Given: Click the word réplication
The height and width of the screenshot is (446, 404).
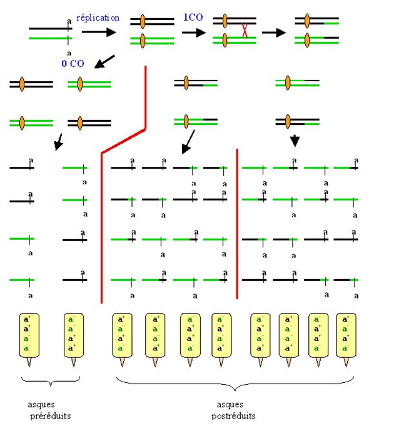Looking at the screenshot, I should (98, 18).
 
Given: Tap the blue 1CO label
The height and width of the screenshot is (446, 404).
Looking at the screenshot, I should (192, 18).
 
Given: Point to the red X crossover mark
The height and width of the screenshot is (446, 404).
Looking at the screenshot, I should (245, 31).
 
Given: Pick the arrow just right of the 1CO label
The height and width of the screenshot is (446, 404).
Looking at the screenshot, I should (194, 32).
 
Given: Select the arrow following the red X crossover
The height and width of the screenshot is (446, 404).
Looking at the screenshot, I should (273, 32).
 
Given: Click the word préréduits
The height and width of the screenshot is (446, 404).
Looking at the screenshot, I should (49, 415).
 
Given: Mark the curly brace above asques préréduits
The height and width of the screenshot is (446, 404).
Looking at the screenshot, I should (50, 380).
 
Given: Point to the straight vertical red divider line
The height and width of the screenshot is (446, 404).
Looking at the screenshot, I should (237, 224).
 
